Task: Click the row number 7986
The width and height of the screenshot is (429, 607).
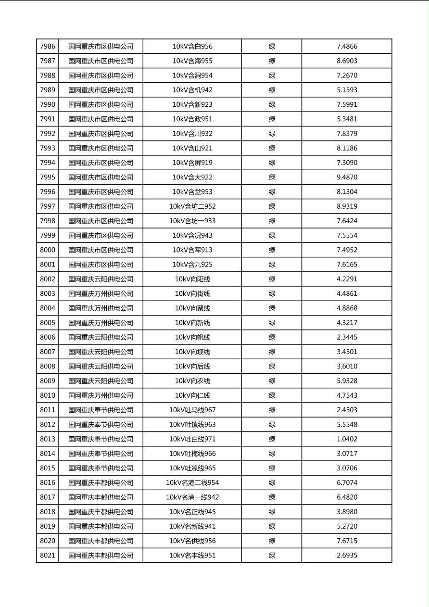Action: click(x=48, y=47)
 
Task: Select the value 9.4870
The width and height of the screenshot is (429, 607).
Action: click(x=347, y=177)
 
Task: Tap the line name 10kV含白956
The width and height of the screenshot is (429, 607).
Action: click(x=192, y=47)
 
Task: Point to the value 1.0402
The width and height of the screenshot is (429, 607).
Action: click(x=347, y=439)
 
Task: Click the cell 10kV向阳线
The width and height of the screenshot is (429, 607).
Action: click(x=192, y=279)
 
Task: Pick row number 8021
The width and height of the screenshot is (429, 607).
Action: click(x=48, y=556)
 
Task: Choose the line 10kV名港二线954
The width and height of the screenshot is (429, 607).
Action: click(x=192, y=483)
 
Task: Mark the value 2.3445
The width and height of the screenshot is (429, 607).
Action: click(x=347, y=337)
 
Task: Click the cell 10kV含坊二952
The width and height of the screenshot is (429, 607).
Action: click(x=192, y=206)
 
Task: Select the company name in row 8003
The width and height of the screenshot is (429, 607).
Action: click(x=101, y=294)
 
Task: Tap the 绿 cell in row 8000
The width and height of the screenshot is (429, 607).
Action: click(x=272, y=250)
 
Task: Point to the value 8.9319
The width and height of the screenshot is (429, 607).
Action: click(x=347, y=206)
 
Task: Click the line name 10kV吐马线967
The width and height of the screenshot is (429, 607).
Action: click(x=192, y=410)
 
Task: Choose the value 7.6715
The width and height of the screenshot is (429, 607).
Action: click(x=347, y=541)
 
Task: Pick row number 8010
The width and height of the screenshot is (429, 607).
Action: click(x=48, y=395)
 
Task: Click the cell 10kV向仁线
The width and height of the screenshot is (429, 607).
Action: click(x=192, y=395)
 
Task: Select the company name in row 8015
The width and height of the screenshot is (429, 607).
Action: click(x=101, y=468)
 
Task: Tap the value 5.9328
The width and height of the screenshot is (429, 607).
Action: click(x=347, y=381)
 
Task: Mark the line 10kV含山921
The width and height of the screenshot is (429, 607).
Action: click(x=192, y=148)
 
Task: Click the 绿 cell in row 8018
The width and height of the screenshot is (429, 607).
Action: click(x=272, y=512)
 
